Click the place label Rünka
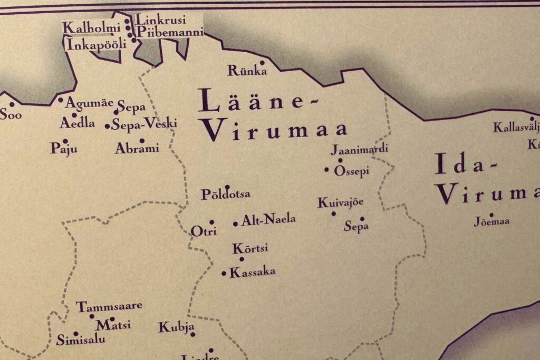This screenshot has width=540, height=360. click(246, 71)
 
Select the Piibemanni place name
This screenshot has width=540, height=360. click(169, 33)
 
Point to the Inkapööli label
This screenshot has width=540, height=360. click(97, 44)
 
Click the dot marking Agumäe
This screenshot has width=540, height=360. click(61, 100)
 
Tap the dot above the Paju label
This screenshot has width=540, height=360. click(65, 141)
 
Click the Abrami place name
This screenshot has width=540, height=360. click(137, 149)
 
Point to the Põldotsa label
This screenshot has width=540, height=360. click(226, 194)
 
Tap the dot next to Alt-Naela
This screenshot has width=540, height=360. click(235, 223)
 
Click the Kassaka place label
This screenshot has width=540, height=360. click(253, 273)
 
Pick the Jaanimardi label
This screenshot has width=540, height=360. click(359, 149)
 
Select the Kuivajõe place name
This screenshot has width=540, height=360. click(341, 203)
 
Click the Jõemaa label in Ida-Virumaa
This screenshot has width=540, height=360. click(492, 222)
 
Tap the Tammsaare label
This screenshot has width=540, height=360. click(109, 306)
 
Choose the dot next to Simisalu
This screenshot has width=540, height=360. click(75, 333)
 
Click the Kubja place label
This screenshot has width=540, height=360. click(177, 327)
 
